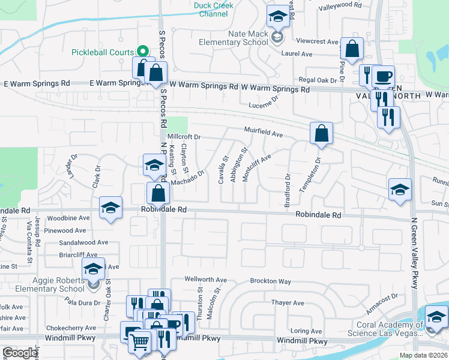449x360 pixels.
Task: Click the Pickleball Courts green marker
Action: (143, 52)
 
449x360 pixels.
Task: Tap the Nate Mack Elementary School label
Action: (248, 38)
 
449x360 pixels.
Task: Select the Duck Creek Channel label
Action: (213, 10)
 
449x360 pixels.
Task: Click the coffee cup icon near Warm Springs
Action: (383, 76)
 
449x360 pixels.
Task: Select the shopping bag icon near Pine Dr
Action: (352, 48)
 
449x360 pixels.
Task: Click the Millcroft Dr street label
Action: (184, 137)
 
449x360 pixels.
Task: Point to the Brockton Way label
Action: (271, 281)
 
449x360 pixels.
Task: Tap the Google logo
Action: (20, 353)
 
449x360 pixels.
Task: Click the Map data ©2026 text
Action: (423, 355)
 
